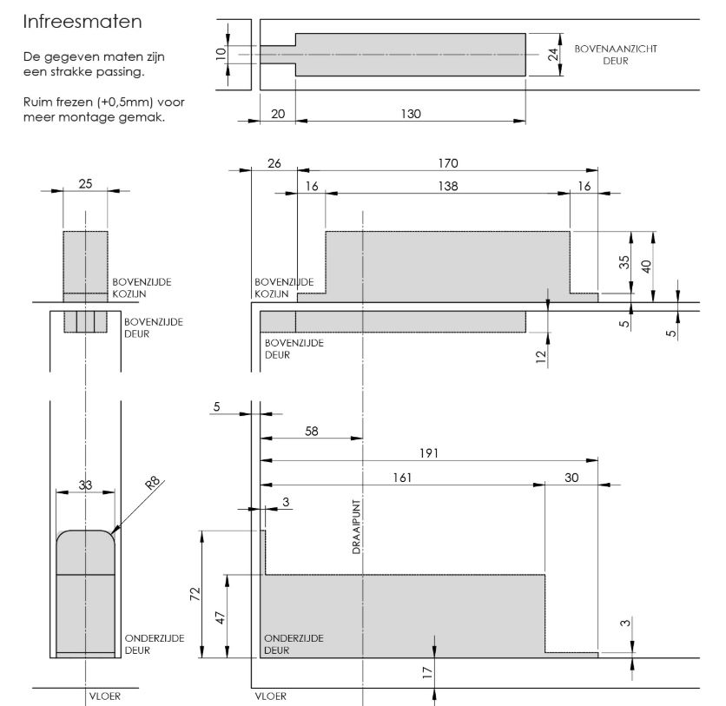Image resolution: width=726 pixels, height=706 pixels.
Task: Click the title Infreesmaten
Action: (x=82, y=19)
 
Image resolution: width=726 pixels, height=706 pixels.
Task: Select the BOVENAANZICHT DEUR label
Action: (x=615, y=54)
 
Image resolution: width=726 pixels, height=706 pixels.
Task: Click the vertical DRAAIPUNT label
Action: (x=356, y=532)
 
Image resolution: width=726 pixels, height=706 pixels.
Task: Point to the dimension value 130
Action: (x=410, y=114)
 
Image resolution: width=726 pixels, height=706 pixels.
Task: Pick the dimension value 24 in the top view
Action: (x=551, y=54)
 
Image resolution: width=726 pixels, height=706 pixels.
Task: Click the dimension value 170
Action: (x=447, y=162)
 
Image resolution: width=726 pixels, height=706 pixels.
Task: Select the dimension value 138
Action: (x=447, y=186)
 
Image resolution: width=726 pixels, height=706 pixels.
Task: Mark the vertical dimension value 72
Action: (x=195, y=594)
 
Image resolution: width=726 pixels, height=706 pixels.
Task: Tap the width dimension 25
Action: (x=85, y=184)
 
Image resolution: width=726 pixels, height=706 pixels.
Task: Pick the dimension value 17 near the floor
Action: (x=427, y=671)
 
